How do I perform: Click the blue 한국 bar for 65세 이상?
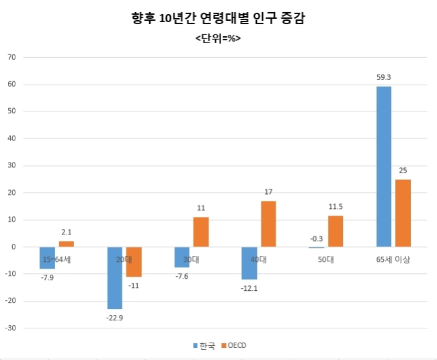(x=384, y=167)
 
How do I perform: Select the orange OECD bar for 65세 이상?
(x=403, y=214)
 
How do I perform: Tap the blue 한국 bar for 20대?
(x=115, y=278)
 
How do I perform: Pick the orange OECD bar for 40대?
(x=268, y=224)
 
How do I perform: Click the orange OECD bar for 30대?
(x=201, y=232)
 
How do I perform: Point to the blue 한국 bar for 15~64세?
(x=47, y=258)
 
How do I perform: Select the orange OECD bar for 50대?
(x=335, y=231)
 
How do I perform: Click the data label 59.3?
(x=384, y=77)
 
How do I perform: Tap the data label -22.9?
(x=114, y=318)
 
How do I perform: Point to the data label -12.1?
(x=249, y=288)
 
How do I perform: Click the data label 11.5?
(x=335, y=207)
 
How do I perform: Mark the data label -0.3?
(x=317, y=238)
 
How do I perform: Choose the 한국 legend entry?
(x=204, y=346)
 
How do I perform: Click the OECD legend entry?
(x=234, y=345)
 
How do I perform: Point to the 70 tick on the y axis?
(x=11, y=57)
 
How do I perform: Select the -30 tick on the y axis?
(x=11, y=328)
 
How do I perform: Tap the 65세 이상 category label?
(x=393, y=259)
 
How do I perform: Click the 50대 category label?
(x=326, y=259)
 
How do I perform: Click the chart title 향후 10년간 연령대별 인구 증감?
(x=218, y=18)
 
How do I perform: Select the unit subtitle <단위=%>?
(x=218, y=38)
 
